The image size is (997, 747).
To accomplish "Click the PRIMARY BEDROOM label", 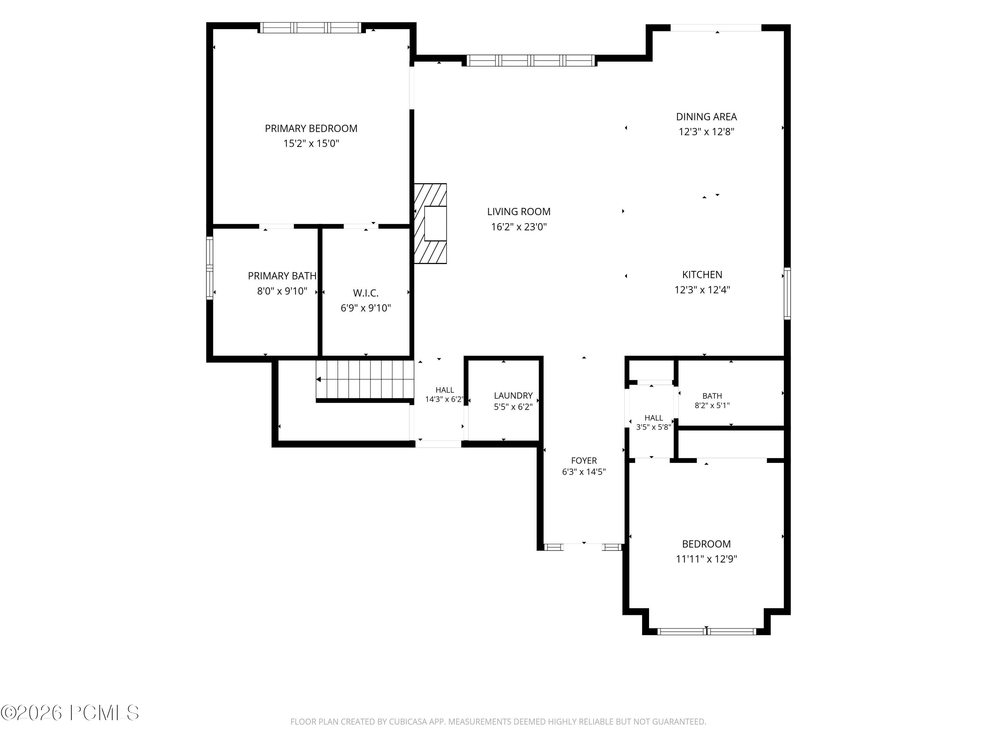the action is click(311, 128).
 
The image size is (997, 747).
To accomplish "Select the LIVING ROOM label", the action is click(519, 211).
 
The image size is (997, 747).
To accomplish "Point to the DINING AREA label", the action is click(706, 117).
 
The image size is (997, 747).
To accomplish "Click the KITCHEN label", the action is click(702, 275).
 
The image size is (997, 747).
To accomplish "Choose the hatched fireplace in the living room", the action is click(430, 223).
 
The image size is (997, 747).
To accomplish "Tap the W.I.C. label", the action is click(366, 293).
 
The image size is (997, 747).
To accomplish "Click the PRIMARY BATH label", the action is click(282, 276).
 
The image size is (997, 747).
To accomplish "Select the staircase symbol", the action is click(365, 379).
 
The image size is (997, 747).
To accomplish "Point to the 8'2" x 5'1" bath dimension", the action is click(712, 405).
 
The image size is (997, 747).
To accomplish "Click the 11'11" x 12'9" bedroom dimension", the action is click(706, 559).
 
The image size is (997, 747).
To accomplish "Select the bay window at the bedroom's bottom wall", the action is click(706, 631).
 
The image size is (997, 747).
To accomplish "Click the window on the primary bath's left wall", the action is click(210, 268).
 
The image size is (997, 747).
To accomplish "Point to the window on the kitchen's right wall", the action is click(787, 293).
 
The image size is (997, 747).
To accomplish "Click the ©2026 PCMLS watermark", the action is click(70, 713).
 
